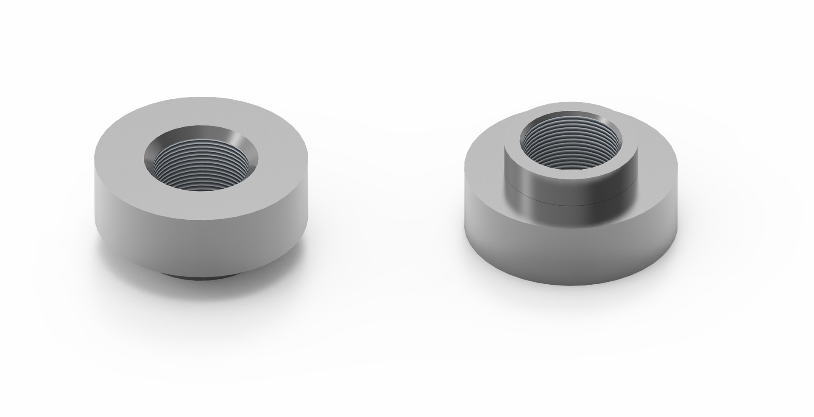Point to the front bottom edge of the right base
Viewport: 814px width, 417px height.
tap(570, 284)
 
